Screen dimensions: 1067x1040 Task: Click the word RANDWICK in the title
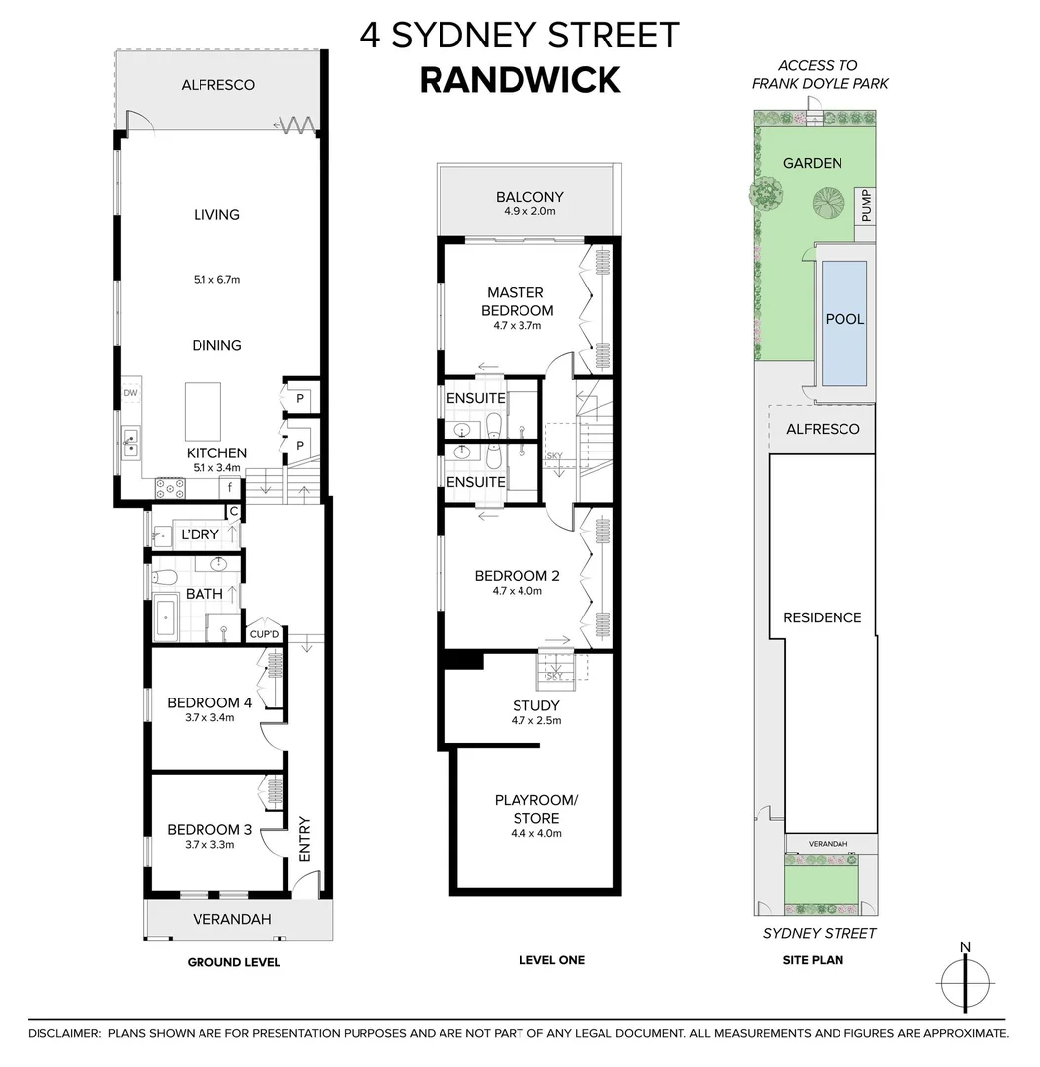tap(520, 79)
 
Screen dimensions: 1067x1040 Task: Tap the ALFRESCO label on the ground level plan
tap(217, 85)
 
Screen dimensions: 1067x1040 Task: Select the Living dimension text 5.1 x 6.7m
tap(217, 280)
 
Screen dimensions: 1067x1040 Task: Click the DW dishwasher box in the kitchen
tap(130, 393)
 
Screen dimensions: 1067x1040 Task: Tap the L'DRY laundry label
tap(200, 534)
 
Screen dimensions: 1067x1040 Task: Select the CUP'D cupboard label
tap(265, 634)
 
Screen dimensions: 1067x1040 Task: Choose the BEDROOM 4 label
tap(209, 703)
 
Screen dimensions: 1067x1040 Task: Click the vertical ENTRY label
tap(304, 839)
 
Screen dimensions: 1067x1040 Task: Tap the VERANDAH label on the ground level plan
tap(232, 919)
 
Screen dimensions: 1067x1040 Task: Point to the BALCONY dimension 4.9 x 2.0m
tap(529, 211)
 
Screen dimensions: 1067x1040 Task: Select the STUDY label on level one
tap(536, 705)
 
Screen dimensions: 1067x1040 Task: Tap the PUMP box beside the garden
tap(865, 205)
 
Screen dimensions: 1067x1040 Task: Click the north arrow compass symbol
tap(965, 980)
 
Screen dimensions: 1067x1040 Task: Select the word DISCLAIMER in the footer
tap(64, 1033)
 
